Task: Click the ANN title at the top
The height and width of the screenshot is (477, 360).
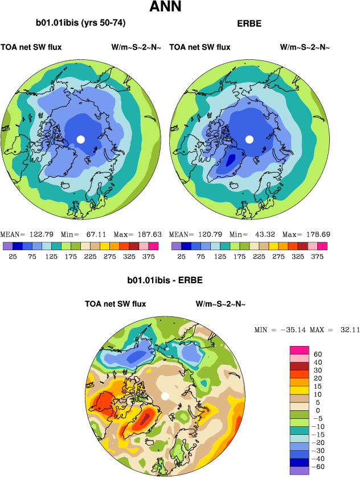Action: pos(165,7)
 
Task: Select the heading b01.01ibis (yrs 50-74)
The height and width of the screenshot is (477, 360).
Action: pos(81,23)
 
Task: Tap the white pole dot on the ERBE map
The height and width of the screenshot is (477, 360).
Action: pos(249,139)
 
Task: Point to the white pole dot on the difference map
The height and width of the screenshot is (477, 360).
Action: pos(165,396)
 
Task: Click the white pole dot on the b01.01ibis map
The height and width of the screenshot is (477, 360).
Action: pos(81,139)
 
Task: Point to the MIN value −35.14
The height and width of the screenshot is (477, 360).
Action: pos(293,331)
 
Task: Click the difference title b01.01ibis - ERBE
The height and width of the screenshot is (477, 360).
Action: pos(165,280)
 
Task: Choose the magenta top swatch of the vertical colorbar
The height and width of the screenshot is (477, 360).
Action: pos(300,349)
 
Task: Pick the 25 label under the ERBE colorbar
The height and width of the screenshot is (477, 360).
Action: pos(181,256)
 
